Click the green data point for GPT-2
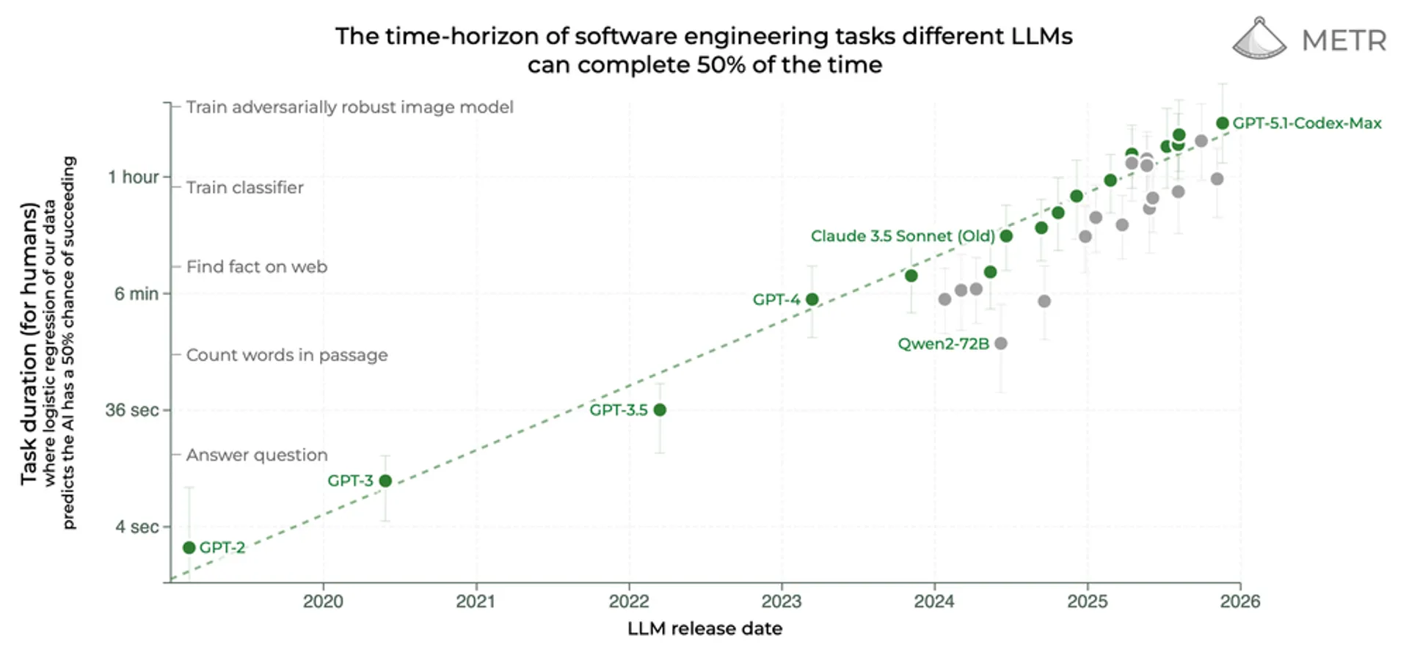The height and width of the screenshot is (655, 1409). coord(189,548)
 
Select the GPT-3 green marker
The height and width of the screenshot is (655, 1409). coord(385,480)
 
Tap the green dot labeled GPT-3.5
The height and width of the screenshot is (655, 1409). coord(660,410)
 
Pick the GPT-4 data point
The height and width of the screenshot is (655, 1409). coord(812,299)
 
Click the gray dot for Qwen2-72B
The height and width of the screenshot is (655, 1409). coord(1001,343)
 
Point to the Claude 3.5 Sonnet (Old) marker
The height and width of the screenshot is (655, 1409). coord(1006,236)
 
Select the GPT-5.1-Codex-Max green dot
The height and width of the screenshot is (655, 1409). coord(1222,123)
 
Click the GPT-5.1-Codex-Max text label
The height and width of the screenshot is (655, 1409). coord(1307,123)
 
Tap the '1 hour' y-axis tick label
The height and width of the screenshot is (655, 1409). coord(133,177)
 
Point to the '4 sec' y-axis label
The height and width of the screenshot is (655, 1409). coord(136,527)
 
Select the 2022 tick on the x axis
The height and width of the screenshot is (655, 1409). coord(629,601)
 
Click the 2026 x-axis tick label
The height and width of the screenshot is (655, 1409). coord(1239,601)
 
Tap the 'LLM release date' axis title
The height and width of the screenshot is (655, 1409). coord(704,629)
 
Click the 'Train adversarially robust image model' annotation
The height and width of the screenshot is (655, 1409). coord(349,107)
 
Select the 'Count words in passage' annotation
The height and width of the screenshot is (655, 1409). coord(287,355)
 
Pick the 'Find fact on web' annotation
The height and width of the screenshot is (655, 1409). coord(257,267)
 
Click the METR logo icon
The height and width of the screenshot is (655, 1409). coord(1259,39)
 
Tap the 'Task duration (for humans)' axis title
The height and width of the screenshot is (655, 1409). coord(29,343)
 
